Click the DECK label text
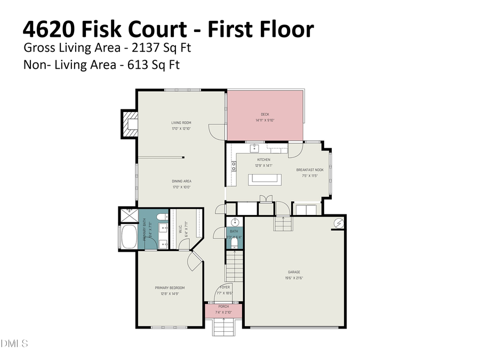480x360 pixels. click(265, 114)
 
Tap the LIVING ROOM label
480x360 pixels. click(181, 123)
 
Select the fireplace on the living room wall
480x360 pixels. click(129, 124)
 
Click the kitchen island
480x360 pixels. click(264, 179)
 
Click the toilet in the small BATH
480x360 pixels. click(234, 244)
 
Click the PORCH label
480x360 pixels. click(223, 307)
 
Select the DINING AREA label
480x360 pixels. click(181, 181)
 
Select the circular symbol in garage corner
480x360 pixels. click(338, 222)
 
